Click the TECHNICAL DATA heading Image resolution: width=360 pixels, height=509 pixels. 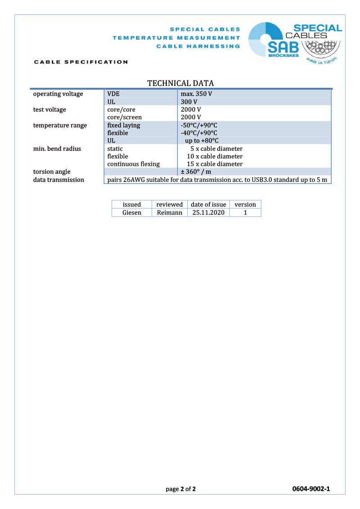180,83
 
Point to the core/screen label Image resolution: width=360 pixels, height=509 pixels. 124,117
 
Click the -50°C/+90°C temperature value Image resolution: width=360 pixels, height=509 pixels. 199,125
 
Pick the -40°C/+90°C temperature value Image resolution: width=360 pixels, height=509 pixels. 199,133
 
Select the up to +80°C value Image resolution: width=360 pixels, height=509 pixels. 202,141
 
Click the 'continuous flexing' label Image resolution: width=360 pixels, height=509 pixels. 133,164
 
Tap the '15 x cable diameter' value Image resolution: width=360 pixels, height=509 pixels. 215,164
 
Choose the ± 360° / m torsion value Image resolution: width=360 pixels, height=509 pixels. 196,172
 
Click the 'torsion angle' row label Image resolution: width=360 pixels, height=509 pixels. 52,172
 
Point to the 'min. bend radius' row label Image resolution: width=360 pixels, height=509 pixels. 57,149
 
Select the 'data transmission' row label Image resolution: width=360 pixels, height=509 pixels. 58,180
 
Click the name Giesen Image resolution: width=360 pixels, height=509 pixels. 132,212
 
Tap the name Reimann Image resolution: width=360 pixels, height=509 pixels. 169,212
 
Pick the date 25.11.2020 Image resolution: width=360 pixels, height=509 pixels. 208,212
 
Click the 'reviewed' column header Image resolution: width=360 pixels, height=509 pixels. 169,204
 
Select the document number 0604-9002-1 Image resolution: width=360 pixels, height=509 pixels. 311,489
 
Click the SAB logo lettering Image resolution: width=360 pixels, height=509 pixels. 282,48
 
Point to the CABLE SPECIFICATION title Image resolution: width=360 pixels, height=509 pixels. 81,62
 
